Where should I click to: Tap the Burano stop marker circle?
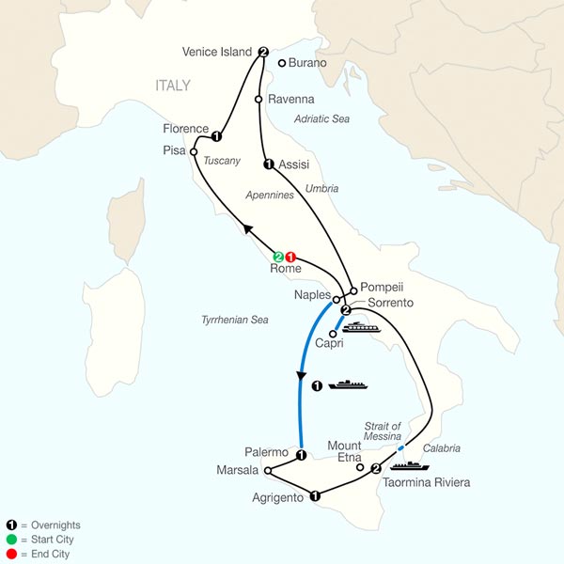coord(282,63)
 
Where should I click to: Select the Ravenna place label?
coord(291,97)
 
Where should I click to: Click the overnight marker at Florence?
coord(217,134)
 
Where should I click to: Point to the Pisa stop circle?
coord(193,150)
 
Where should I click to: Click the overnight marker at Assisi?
coord(269,165)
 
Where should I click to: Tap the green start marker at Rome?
coord(278,256)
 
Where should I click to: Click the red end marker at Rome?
coord(291,256)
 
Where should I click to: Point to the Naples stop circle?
coord(336,300)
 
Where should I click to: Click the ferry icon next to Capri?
coord(358,328)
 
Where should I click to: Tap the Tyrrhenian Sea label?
coord(234,321)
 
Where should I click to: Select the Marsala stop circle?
coord(268,471)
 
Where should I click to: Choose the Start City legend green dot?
coord(9,540)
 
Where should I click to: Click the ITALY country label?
coord(173,86)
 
